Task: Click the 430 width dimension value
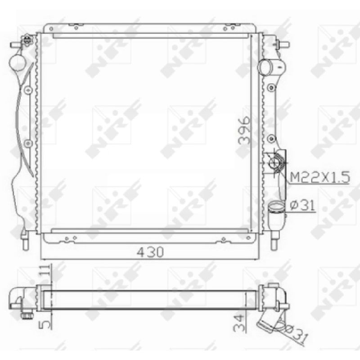click(x=150, y=252)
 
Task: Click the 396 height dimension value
click(x=244, y=130)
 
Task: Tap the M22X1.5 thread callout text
click(x=320, y=177)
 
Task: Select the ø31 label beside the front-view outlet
click(x=302, y=205)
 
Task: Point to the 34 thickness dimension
click(x=238, y=323)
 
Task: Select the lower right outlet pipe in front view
click(x=276, y=214)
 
